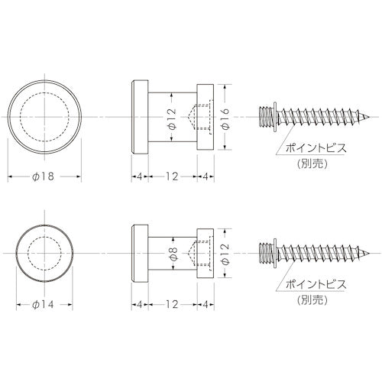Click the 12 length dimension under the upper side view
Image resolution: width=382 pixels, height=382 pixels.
click(173, 177)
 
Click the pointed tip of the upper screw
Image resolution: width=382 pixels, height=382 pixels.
click(374, 115)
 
